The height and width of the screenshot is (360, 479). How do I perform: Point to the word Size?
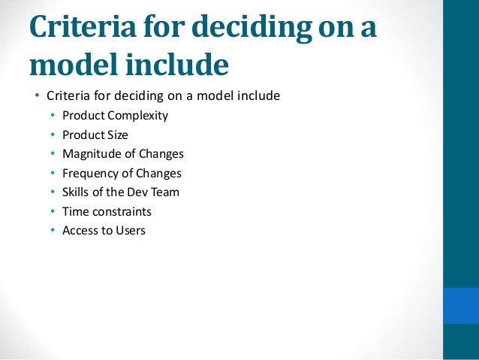click(x=116, y=135)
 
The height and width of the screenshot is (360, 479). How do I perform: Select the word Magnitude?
click(x=91, y=154)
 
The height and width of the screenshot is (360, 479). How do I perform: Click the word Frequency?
click(x=91, y=173)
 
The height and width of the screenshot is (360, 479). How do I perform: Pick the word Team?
click(x=165, y=192)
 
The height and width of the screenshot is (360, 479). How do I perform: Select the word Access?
click(x=80, y=231)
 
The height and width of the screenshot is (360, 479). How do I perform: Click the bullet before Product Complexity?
click(x=53, y=116)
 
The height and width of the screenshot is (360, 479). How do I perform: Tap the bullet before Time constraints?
click(x=53, y=212)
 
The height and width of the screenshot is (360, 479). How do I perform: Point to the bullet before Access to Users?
click(x=53, y=231)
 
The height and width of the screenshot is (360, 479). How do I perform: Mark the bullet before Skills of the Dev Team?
click(x=53, y=192)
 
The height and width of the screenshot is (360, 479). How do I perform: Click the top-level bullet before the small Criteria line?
click(x=35, y=96)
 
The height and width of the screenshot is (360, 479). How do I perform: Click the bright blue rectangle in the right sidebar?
click(x=461, y=304)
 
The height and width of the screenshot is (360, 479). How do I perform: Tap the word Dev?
click(x=137, y=192)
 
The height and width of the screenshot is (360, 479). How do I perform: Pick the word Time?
click(x=75, y=212)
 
